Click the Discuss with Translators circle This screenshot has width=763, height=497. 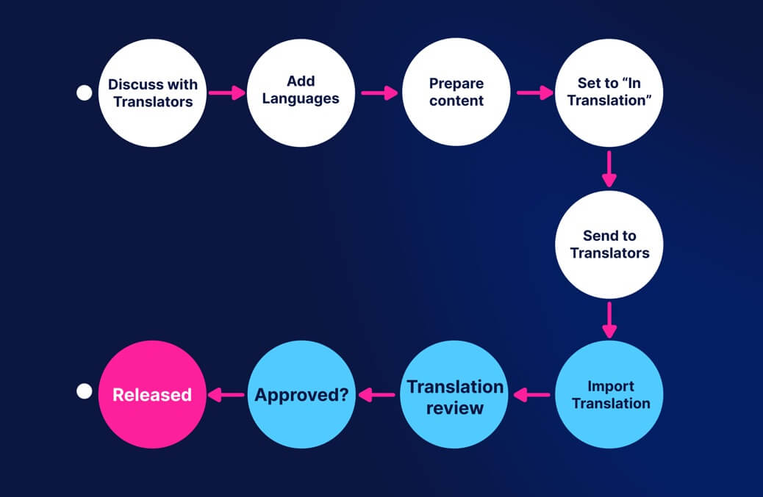click(153, 92)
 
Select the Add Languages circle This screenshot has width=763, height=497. click(301, 92)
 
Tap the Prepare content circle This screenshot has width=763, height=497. click(456, 92)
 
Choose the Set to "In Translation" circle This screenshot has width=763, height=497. click(609, 92)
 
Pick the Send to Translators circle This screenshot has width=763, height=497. click(609, 244)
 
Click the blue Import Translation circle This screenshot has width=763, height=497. click(609, 395)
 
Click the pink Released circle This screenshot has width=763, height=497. click(152, 395)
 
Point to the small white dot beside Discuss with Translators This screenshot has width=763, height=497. click(85, 93)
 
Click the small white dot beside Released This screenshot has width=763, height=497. click(85, 391)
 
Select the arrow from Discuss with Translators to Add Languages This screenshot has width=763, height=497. click(226, 93)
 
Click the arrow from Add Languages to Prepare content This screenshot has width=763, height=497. click(379, 93)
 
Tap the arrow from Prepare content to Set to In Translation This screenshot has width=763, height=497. click(534, 93)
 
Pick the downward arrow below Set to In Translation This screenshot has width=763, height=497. click(609, 169)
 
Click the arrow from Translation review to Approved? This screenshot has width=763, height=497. click(378, 395)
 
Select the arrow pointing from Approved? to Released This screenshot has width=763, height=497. click(226, 395)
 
